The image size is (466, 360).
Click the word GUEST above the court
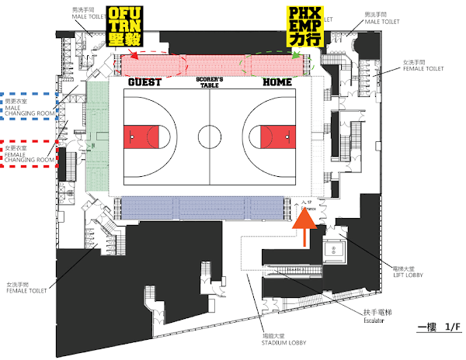point(145,81)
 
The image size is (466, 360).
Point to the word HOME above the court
point(277,81)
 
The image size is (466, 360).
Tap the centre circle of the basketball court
point(210,139)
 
